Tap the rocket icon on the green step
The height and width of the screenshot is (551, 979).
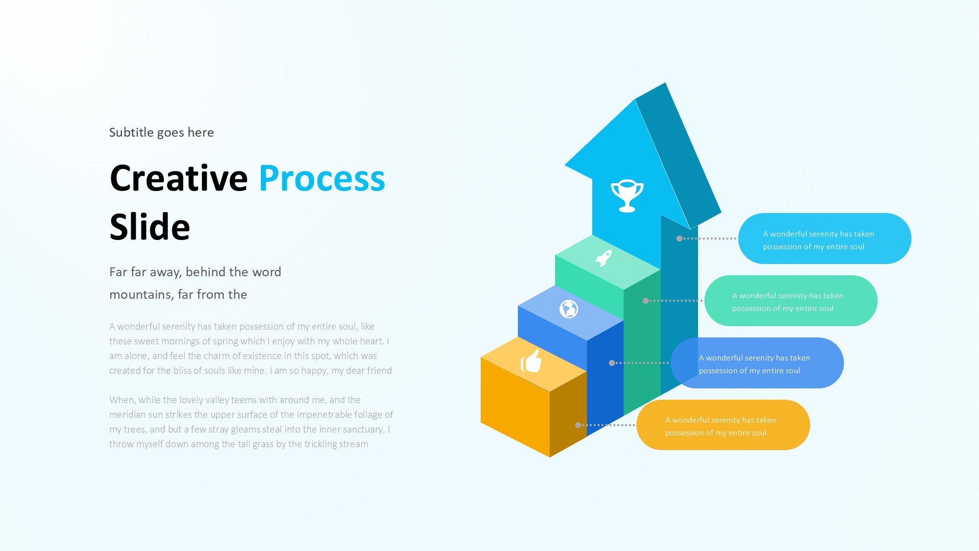(x=604, y=258)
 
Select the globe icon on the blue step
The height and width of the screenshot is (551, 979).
(x=569, y=309)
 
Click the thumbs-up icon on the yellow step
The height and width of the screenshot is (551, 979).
(x=531, y=361)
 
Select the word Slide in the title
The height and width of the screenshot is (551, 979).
(x=150, y=227)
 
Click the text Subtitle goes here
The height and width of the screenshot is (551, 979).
(x=162, y=132)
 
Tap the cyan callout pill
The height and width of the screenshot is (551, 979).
(x=824, y=239)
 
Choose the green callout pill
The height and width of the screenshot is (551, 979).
(x=791, y=301)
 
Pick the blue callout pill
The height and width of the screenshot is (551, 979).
(x=757, y=363)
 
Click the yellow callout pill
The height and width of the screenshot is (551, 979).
(x=723, y=425)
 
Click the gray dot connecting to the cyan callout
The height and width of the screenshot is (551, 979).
(x=679, y=239)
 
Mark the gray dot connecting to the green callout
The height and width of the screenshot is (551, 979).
(x=646, y=301)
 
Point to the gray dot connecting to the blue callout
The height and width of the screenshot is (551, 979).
(x=612, y=363)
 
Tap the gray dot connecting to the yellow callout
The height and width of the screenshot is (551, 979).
(x=578, y=425)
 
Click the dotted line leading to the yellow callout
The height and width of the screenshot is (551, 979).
(x=607, y=425)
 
